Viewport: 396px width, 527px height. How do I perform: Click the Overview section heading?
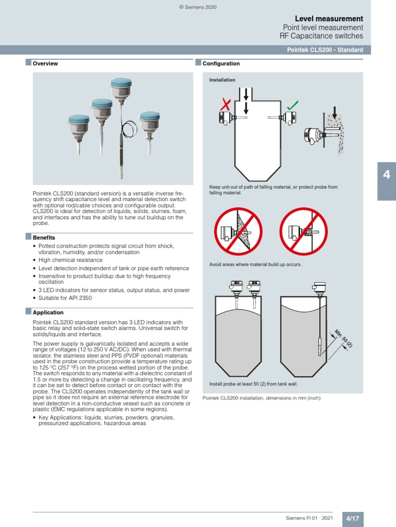[45, 64]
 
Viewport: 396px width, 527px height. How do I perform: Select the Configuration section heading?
[221, 64]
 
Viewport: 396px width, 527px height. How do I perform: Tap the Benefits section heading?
[44, 238]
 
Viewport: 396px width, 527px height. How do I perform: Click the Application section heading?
[48, 312]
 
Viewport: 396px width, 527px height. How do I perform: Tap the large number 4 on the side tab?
[386, 175]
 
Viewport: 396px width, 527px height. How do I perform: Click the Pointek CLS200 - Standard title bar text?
[325, 50]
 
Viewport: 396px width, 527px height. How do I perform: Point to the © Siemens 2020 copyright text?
[198, 7]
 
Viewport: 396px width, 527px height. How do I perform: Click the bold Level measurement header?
[329, 19]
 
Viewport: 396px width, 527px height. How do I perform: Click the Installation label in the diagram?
[222, 80]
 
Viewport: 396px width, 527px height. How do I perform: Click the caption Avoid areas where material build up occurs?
[255, 264]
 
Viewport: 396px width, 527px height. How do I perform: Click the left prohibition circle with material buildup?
[238, 231]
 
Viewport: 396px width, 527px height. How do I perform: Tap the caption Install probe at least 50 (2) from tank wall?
[253, 384]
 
